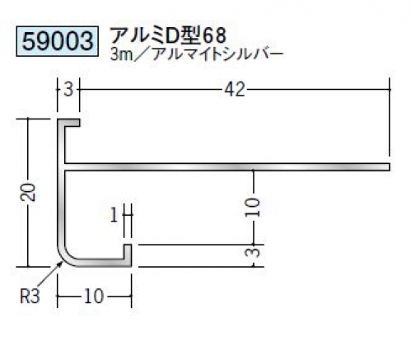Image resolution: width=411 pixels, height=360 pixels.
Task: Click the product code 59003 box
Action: [57, 41]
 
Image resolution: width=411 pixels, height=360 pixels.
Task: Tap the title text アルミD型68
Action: [168, 35]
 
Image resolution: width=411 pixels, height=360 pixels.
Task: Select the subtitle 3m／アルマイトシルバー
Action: [196, 55]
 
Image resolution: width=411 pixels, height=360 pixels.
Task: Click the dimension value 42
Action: [234, 90]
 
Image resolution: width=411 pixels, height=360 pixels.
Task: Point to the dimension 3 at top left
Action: [68, 90]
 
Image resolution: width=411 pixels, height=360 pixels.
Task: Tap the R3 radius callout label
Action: [30, 297]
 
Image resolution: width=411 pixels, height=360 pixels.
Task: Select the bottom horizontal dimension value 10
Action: [94, 297]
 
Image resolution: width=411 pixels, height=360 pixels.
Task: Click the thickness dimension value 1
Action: [114, 216]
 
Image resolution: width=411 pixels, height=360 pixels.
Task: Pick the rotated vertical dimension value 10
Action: [253, 208]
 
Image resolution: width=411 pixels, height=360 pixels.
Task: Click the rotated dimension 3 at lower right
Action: [253, 251]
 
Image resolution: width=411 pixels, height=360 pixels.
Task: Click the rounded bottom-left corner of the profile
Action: [65, 258]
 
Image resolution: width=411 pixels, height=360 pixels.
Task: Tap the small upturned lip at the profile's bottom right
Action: [128, 252]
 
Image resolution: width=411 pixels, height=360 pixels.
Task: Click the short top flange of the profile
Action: [68, 123]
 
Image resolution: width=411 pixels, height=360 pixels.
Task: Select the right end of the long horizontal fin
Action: [390, 167]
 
